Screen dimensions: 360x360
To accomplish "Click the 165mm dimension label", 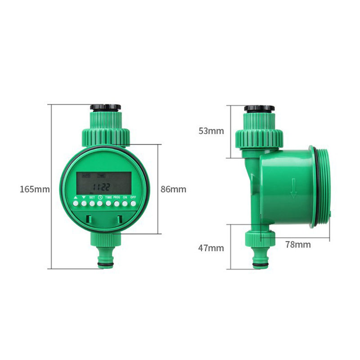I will pyautogui.click(x=35, y=189).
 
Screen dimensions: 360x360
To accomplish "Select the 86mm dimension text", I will pyautogui.click(x=173, y=189).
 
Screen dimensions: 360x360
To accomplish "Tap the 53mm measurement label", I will pyautogui.click(x=211, y=131).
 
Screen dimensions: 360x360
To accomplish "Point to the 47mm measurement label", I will pyautogui.click(x=211, y=248).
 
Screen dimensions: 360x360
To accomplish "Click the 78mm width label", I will pyautogui.click(x=298, y=245).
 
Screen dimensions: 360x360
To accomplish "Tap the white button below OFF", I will pyautogui.click(x=133, y=204).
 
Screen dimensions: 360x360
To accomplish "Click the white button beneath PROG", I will pyautogui.click(x=117, y=204).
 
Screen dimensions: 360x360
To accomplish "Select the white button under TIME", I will pyautogui.click(x=108, y=204).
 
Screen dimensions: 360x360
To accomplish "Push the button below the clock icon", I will pyautogui.click(x=100, y=204).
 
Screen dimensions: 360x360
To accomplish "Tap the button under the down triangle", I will pyautogui.click(x=83, y=204).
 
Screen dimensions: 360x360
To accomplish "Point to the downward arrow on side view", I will pyautogui.click(x=293, y=188).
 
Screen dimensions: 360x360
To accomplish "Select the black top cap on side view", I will pyautogui.click(x=259, y=108).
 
